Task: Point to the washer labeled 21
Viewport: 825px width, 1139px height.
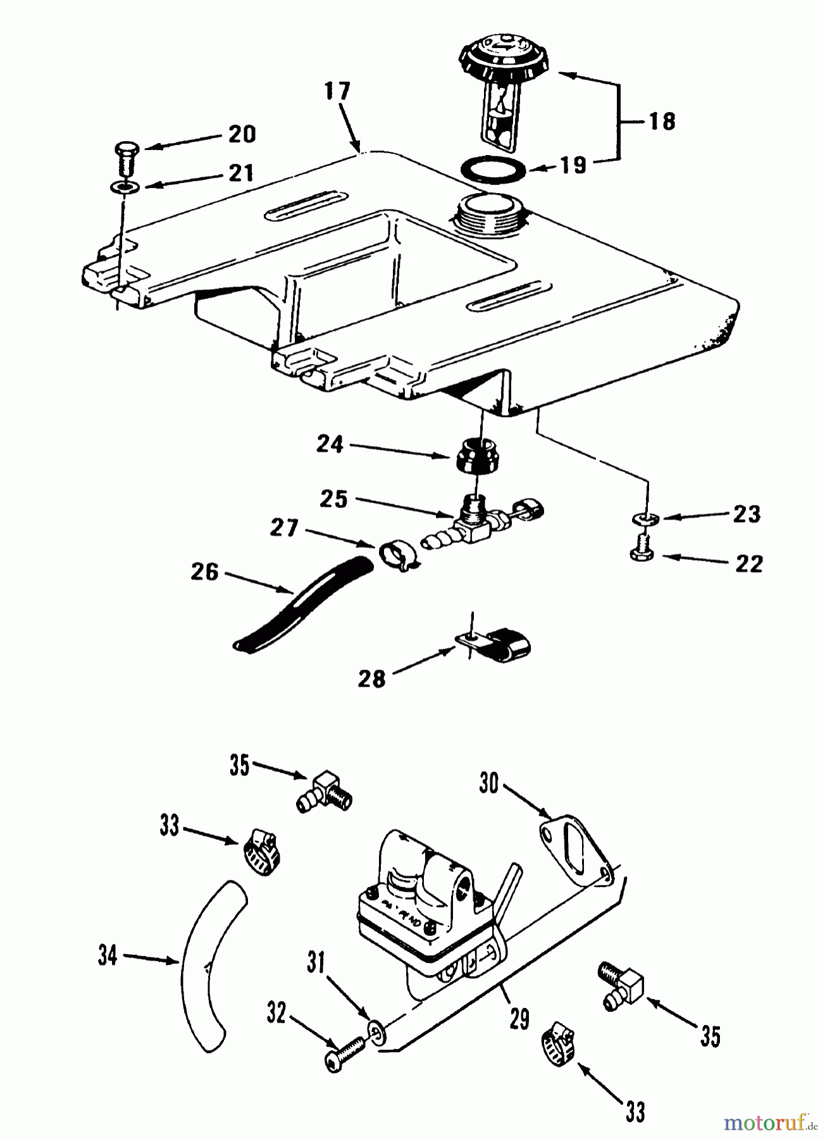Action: [124, 188]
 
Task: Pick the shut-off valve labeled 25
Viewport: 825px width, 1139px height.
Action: [476, 521]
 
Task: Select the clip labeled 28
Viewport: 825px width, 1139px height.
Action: [497, 644]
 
